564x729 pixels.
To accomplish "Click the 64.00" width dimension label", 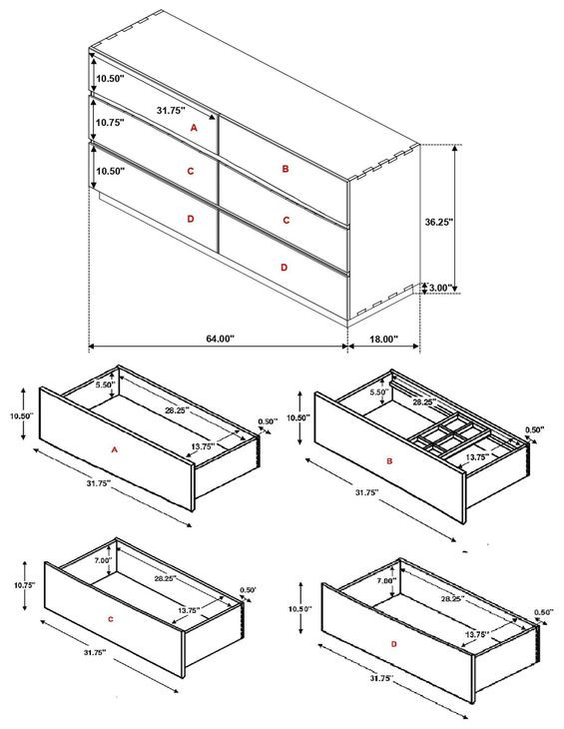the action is pyautogui.click(x=221, y=339).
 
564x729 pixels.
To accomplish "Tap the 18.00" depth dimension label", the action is pyautogui.click(x=383, y=339).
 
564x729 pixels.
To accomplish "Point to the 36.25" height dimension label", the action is pyautogui.click(x=439, y=222).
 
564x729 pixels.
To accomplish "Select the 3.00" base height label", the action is pyautogui.click(x=438, y=288).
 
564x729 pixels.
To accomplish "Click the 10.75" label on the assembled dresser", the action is pyautogui.click(x=110, y=123).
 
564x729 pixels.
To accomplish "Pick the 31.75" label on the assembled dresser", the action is pyautogui.click(x=171, y=110).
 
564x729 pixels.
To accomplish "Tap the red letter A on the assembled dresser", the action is pyautogui.click(x=194, y=128).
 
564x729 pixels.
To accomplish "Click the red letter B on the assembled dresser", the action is pyautogui.click(x=285, y=169).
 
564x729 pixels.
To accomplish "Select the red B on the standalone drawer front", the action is pyautogui.click(x=389, y=460).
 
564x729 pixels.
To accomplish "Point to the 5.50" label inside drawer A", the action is pyautogui.click(x=105, y=384).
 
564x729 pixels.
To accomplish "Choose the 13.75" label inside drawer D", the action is pyautogui.click(x=477, y=634).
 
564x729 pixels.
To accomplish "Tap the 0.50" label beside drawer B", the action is pyautogui.click(x=534, y=430).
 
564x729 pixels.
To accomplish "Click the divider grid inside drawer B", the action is pyautogui.click(x=450, y=436).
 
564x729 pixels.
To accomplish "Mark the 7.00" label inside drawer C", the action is pyautogui.click(x=103, y=560).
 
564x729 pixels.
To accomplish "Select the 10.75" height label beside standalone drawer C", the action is pyautogui.click(x=24, y=585).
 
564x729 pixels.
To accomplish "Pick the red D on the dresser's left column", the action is pyautogui.click(x=190, y=219).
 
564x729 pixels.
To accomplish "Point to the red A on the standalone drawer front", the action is pyautogui.click(x=114, y=449).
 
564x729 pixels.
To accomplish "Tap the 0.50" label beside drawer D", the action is pyautogui.click(x=544, y=612).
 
